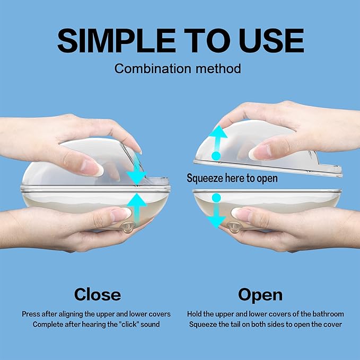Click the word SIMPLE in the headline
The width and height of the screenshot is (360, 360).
117,40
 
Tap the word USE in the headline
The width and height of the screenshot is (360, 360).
271,40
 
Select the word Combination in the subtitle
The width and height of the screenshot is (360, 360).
153,68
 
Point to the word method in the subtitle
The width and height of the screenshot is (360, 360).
218,68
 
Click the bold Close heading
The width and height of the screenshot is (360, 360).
98,294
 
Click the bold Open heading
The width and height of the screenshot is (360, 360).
260,295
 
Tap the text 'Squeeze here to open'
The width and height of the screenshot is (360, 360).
232,178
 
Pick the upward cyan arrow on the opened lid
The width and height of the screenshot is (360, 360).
217,142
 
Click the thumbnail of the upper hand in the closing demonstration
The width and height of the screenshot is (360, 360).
92,168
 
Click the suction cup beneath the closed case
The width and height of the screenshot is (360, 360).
127,227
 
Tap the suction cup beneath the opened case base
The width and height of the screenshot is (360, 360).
234,227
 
